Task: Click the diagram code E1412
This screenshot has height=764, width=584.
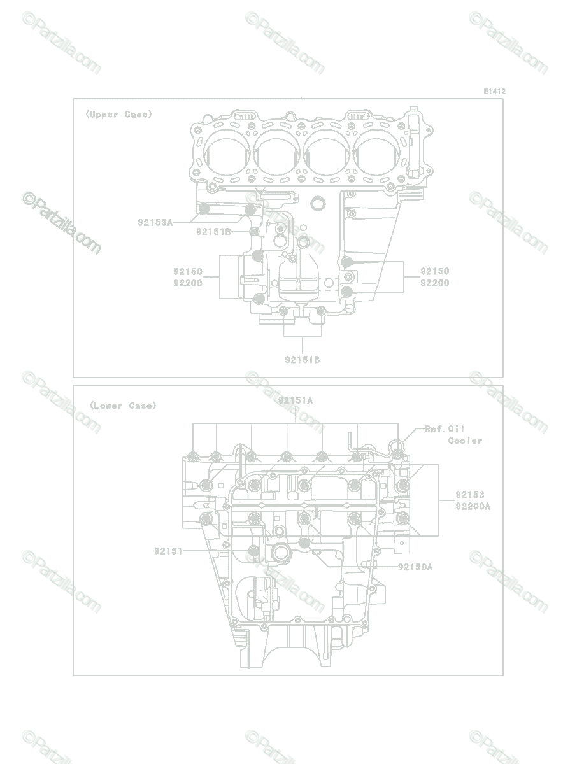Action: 494,92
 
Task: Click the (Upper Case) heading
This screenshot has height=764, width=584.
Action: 118,115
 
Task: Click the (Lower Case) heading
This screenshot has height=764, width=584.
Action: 123,406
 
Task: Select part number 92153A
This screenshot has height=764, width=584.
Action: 155,222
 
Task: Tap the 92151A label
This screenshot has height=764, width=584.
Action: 296,400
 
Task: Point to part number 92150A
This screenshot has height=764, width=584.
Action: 415,567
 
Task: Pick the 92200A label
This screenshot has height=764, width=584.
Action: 473,506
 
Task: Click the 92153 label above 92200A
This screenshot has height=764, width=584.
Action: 470,495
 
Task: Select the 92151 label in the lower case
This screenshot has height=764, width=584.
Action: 168,551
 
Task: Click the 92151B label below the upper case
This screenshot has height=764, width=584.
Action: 303,360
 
